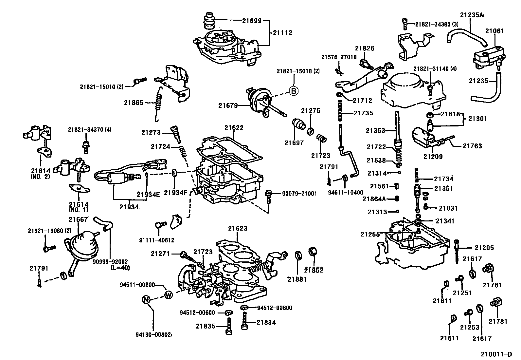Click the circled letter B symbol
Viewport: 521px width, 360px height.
294,91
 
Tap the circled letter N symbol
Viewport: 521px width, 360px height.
146,299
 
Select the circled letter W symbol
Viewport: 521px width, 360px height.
168,294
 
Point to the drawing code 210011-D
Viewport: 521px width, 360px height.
496,354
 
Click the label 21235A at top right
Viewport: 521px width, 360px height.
472,15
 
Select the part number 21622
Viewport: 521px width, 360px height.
234,128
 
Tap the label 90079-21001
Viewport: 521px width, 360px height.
299,194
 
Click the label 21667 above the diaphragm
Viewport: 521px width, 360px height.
78,220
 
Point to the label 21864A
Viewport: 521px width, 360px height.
374,199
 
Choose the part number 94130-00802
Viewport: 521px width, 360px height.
153,334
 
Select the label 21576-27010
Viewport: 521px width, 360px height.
338,57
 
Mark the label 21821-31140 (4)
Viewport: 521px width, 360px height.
435,69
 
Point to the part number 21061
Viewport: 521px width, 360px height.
494,31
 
